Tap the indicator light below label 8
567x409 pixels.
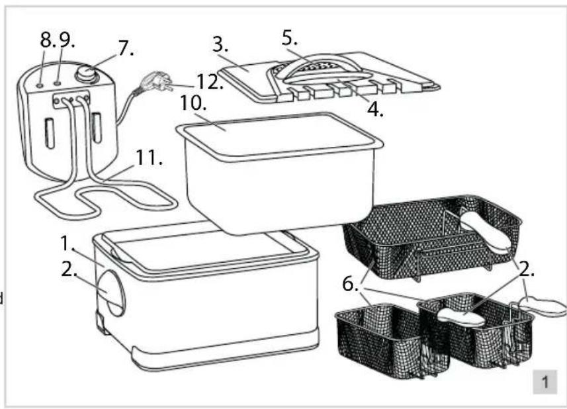coord(42,85)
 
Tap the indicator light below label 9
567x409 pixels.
coord(58,83)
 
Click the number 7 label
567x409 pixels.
coord(124,48)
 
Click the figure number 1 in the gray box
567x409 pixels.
coord(545,382)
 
